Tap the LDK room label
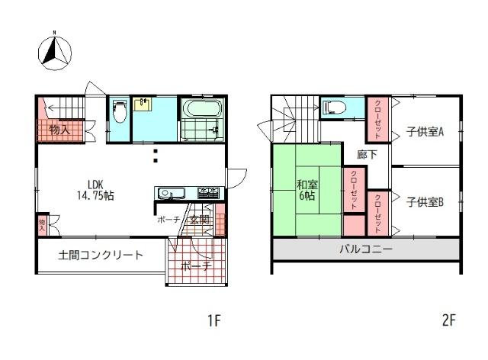tap(95, 184)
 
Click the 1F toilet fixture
tap(119, 113)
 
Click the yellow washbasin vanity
tap(142, 104)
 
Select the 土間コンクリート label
tap(100, 255)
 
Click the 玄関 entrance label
tap(199, 220)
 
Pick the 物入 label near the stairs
tap(59, 130)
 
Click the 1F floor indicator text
tap(213, 320)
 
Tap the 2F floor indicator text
tap(449, 320)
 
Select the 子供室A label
tap(425, 130)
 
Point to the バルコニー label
tap(365, 249)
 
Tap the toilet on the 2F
tap(335, 109)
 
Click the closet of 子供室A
tap(378, 120)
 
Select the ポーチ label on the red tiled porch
tap(195, 266)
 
